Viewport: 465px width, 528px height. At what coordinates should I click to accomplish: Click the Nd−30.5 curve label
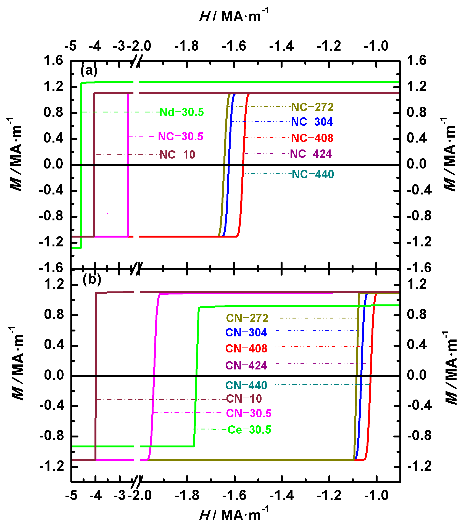pos(182,112)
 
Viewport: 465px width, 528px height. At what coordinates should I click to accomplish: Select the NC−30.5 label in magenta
pos(181,136)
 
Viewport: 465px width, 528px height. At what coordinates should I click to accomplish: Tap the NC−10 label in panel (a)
pos(177,155)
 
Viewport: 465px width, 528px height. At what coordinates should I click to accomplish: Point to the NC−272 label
pos(312,107)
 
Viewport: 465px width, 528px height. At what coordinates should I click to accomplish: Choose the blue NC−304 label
pos(312,122)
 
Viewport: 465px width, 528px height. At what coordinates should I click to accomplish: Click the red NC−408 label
pos(312,138)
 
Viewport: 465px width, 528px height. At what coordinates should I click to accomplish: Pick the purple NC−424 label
pos(311,154)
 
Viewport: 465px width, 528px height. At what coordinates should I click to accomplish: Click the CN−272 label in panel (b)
pos(247,318)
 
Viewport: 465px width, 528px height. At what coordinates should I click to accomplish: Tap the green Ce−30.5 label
pos(249,430)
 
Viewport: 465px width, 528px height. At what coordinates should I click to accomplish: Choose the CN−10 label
pos(244,399)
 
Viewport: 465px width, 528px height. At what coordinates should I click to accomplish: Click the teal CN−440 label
pos(246,385)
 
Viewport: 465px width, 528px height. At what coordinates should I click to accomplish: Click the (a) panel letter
pos(89,70)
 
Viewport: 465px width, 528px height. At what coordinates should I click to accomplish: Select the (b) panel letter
pos(92,279)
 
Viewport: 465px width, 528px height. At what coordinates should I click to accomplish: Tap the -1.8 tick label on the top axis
pos(186,46)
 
